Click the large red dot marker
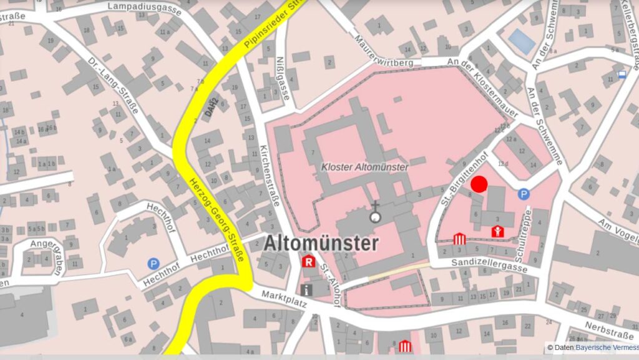479,184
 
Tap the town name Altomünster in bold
321,243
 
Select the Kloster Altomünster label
365,167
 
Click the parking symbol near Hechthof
153,264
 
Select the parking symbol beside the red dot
523,194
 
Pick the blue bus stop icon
622,74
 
